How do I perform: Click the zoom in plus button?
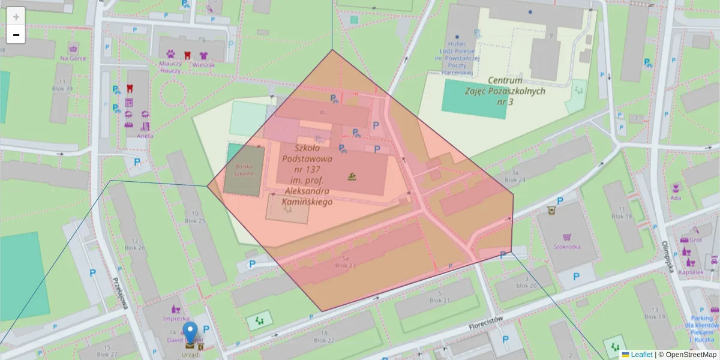[16, 16]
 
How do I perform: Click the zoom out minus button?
[16, 35]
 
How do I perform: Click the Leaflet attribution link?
[641, 355]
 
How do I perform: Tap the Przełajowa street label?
[121, 293]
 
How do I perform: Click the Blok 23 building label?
[346, 265]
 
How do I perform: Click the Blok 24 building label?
[515, 179]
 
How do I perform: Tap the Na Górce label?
[73, 58]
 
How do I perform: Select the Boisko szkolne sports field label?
[243, 169]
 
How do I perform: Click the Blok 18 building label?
[622, 216]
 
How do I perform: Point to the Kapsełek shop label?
[691, 272]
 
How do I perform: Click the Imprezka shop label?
[176, 319]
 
